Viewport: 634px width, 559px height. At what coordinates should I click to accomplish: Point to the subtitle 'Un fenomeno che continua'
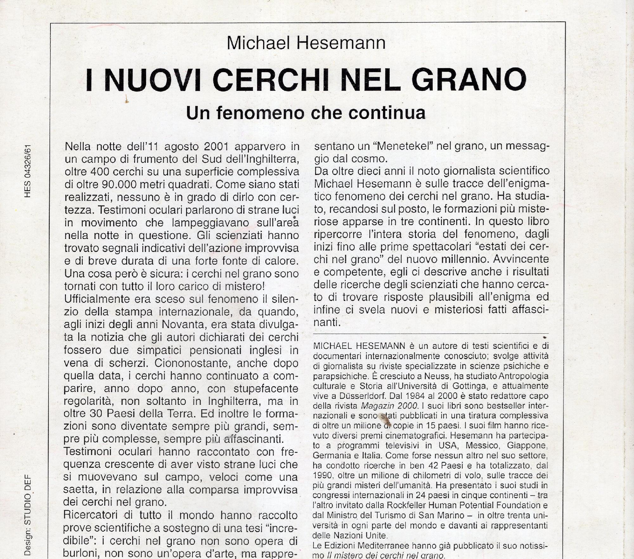(306, 113)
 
